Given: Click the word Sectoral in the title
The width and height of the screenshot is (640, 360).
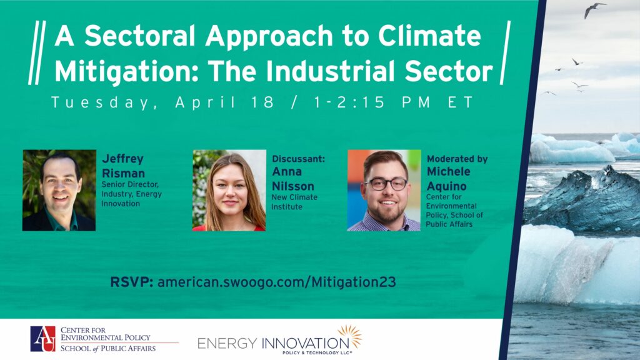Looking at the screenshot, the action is click(140, 36).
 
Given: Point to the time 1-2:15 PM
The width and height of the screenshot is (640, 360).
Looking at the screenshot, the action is click(371, 102).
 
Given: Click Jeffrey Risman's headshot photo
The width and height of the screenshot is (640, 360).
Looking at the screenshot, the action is click(59, 190).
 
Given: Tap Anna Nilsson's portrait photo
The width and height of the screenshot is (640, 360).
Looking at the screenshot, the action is click(229, 190).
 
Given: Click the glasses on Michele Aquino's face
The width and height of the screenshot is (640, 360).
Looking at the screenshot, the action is click(386, 184).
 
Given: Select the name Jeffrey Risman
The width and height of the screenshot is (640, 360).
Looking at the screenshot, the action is click(123, 166).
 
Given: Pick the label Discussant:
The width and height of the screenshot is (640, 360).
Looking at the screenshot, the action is click(298, 159).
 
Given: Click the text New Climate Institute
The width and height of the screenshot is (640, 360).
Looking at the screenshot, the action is click(294, 202).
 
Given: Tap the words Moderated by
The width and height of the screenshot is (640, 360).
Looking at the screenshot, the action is click(457, 159).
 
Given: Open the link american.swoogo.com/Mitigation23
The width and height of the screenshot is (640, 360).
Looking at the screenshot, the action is click(277, 282).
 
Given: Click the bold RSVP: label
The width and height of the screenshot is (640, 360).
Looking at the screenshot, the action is click(131, 282).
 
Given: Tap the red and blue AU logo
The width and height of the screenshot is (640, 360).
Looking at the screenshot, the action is click(43, 339).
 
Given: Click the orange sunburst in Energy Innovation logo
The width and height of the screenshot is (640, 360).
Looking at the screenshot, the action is click(350, 336).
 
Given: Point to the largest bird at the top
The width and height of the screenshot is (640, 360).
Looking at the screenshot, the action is click(594, 9).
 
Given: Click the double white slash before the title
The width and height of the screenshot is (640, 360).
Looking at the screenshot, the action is click(37, 52).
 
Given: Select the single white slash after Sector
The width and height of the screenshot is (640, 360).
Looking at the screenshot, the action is click(505, 52).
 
